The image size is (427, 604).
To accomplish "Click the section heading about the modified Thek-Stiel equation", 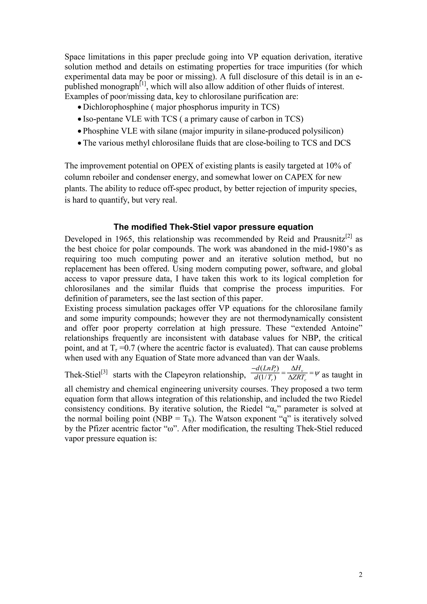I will click(x=213, y=227).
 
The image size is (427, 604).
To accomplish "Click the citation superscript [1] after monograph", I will click(x=143, y=84).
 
